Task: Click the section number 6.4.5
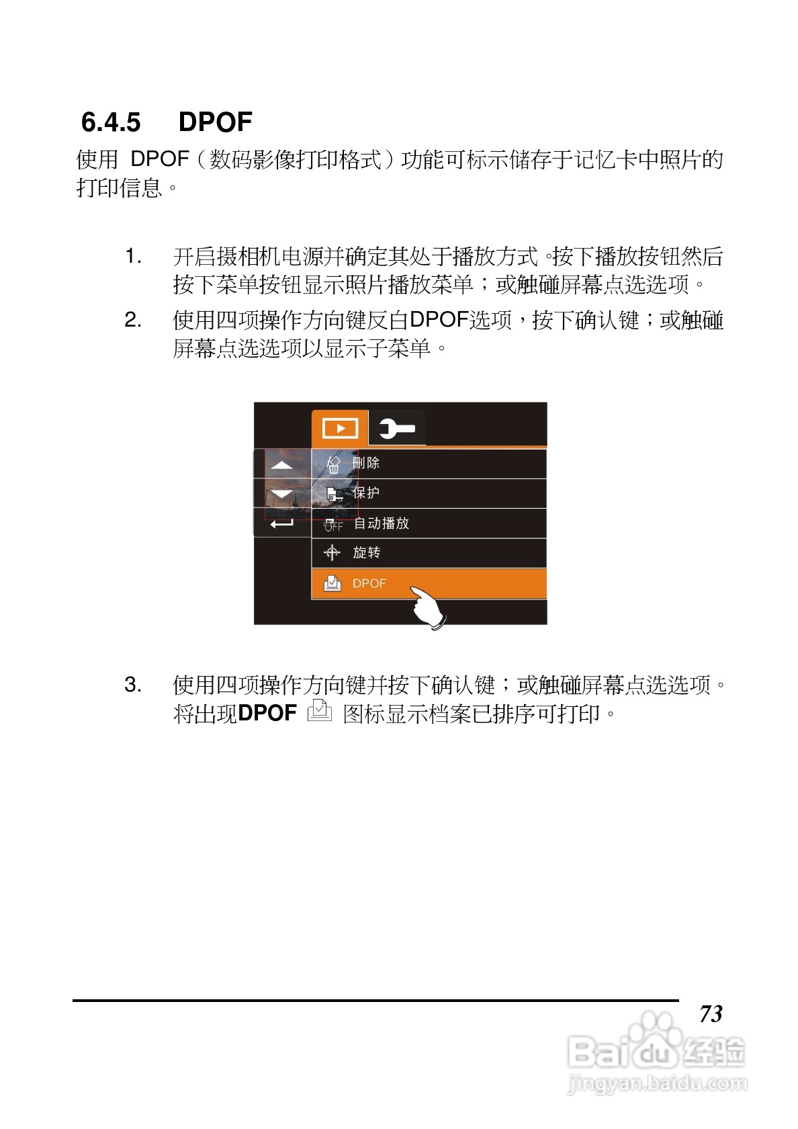coord(111,123)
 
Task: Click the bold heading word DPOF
coord(215,123)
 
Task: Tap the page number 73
coord(711,1013)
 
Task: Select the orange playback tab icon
coord(340,428)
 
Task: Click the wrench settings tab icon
coord(397,428)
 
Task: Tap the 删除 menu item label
coord(366,463)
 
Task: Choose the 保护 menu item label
coord(366,493)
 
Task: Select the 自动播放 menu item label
coord(382,524)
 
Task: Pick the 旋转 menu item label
coord(367,553)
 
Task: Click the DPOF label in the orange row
coord(369,584)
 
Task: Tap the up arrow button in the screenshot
coord(281,464)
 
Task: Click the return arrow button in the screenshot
coord(281,523)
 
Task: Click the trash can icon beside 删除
coord(333,464)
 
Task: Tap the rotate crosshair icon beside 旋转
coord(332,553)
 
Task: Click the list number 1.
coord(133,256)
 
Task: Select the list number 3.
coord(133,685)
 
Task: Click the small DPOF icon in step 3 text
coord(320,711)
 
